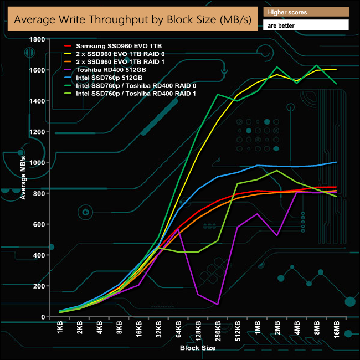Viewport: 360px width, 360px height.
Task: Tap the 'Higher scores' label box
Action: coord(306,12)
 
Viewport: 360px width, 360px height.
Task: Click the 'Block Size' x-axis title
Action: coord(198,348)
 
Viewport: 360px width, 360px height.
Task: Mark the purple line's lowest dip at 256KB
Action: coord(218,304)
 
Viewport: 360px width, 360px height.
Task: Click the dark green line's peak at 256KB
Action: coord(218,95)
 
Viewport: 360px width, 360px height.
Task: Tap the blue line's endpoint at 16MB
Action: coord(336,162)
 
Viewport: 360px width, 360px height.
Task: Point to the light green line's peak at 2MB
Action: coord(277,171)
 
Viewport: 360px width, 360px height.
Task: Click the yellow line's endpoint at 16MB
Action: coord(336,69)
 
